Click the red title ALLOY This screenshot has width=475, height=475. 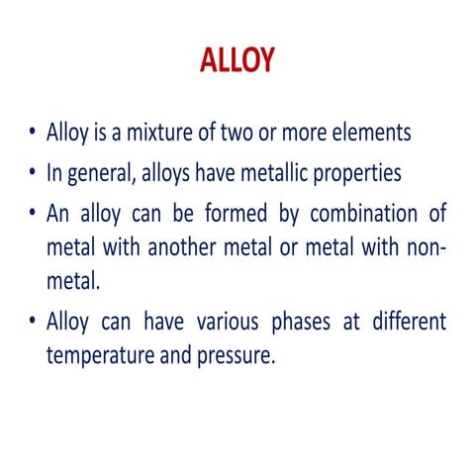[x=237, y=60]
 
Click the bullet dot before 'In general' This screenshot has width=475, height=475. [x=35, y=174]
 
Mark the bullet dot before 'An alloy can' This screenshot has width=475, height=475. [x=35, y=213]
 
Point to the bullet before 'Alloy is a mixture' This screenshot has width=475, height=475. [x=35, y=135]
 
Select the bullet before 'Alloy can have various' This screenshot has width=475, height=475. [x=35, y=323]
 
